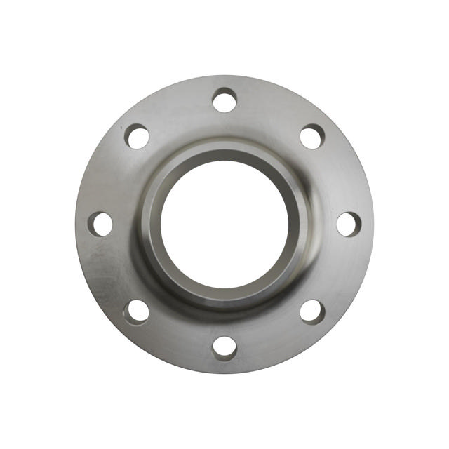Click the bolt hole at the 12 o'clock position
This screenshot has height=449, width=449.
224,100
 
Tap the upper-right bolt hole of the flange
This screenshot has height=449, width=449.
312,136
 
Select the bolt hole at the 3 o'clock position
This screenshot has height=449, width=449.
348,224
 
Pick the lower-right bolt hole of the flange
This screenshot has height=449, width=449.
312,311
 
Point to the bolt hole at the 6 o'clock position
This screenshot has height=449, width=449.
224,347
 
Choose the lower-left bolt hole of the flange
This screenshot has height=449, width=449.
137,311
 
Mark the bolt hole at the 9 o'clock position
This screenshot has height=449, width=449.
100,224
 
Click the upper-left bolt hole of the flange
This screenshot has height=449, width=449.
137,136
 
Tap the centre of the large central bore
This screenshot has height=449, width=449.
224,224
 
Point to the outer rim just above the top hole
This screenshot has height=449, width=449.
224,81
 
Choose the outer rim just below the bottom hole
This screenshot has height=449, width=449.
224,366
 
